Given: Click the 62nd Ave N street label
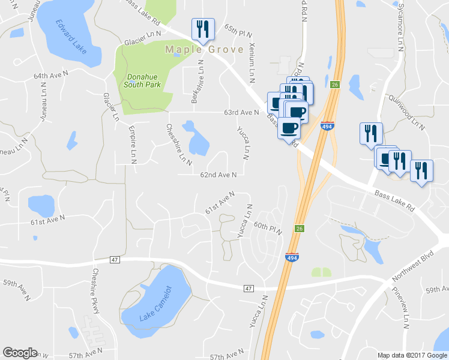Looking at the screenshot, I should click(218, 175).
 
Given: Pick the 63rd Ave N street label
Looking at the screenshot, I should click(241, 112).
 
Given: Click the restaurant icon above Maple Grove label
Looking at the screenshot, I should click(202, 28).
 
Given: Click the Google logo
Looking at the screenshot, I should click(20, 353).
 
